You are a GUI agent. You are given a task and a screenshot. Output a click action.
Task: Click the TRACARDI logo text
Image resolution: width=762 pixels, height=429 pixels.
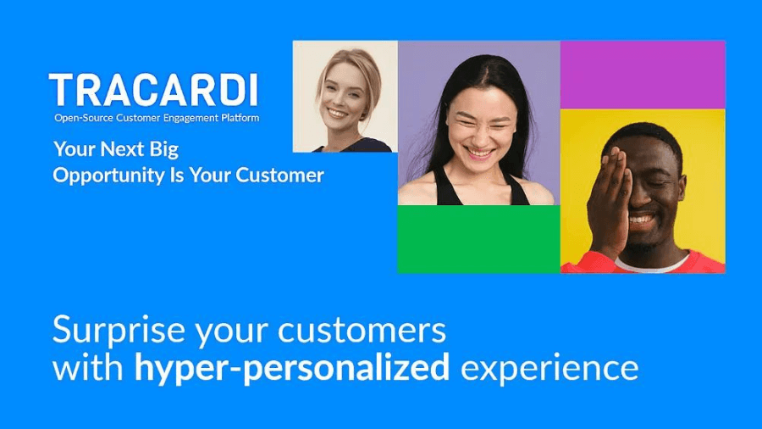tap(153, 90)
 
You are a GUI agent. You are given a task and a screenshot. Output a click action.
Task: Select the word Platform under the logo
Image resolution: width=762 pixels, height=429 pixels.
tap(240, 118)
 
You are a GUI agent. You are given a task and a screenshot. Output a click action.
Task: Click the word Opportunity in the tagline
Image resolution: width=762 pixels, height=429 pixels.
tap(109, 175)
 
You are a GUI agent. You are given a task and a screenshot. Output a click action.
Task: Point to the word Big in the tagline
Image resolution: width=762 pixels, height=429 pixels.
tap(164, 149)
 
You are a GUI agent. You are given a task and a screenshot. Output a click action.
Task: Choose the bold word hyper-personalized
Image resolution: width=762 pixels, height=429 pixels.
tap(291, 369)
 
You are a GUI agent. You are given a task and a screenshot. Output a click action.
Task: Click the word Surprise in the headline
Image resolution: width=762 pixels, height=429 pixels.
tap(119, 330)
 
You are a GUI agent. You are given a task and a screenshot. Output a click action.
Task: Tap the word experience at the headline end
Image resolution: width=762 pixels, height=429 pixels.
tap(549, 369)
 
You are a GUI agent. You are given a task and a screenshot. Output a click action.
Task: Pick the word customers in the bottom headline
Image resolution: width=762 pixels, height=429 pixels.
tap(362, 331)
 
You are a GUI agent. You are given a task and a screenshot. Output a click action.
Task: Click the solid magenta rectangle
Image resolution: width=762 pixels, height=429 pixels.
tap(643, 75)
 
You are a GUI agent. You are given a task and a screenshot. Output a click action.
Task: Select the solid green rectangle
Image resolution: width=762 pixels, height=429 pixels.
tap(478, 239)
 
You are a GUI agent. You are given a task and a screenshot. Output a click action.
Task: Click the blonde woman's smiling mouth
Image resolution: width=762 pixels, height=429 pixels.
tap(338, 113)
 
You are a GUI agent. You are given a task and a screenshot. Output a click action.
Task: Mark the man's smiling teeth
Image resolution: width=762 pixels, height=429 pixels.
tap(642, 219)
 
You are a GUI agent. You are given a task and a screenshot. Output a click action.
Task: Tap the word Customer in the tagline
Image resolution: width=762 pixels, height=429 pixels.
tap(280, 175)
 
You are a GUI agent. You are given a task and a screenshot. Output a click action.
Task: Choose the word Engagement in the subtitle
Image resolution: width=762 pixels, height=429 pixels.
tap(191, 118)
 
